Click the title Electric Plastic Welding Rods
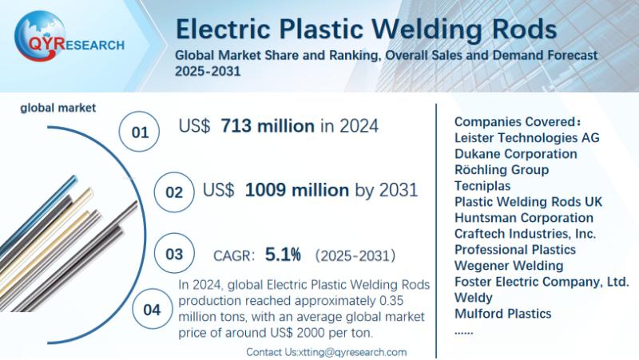click(366, 30)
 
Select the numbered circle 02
click(173, 192)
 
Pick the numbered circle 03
click(173, 255)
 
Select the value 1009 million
click(296, 190)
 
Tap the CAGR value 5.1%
click(284, 255)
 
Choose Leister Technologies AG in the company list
click(526, 137)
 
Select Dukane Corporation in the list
click(515, 153)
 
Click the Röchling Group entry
click(501, 169)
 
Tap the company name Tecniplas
click(482, 185)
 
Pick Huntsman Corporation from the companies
click(523, 217)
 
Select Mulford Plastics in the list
click(502, 313)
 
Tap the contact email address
click(352, 352)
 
